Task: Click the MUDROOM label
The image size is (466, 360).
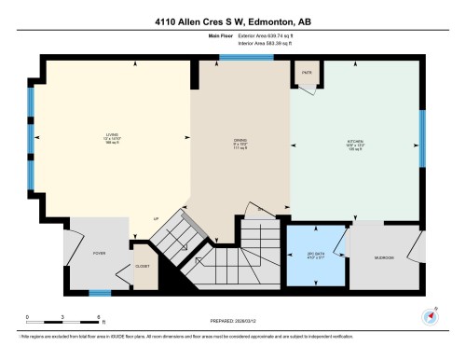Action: [x=385, y=256]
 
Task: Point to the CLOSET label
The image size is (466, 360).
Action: [x=143, y=266]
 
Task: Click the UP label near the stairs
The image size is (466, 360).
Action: [x=157, y=220]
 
